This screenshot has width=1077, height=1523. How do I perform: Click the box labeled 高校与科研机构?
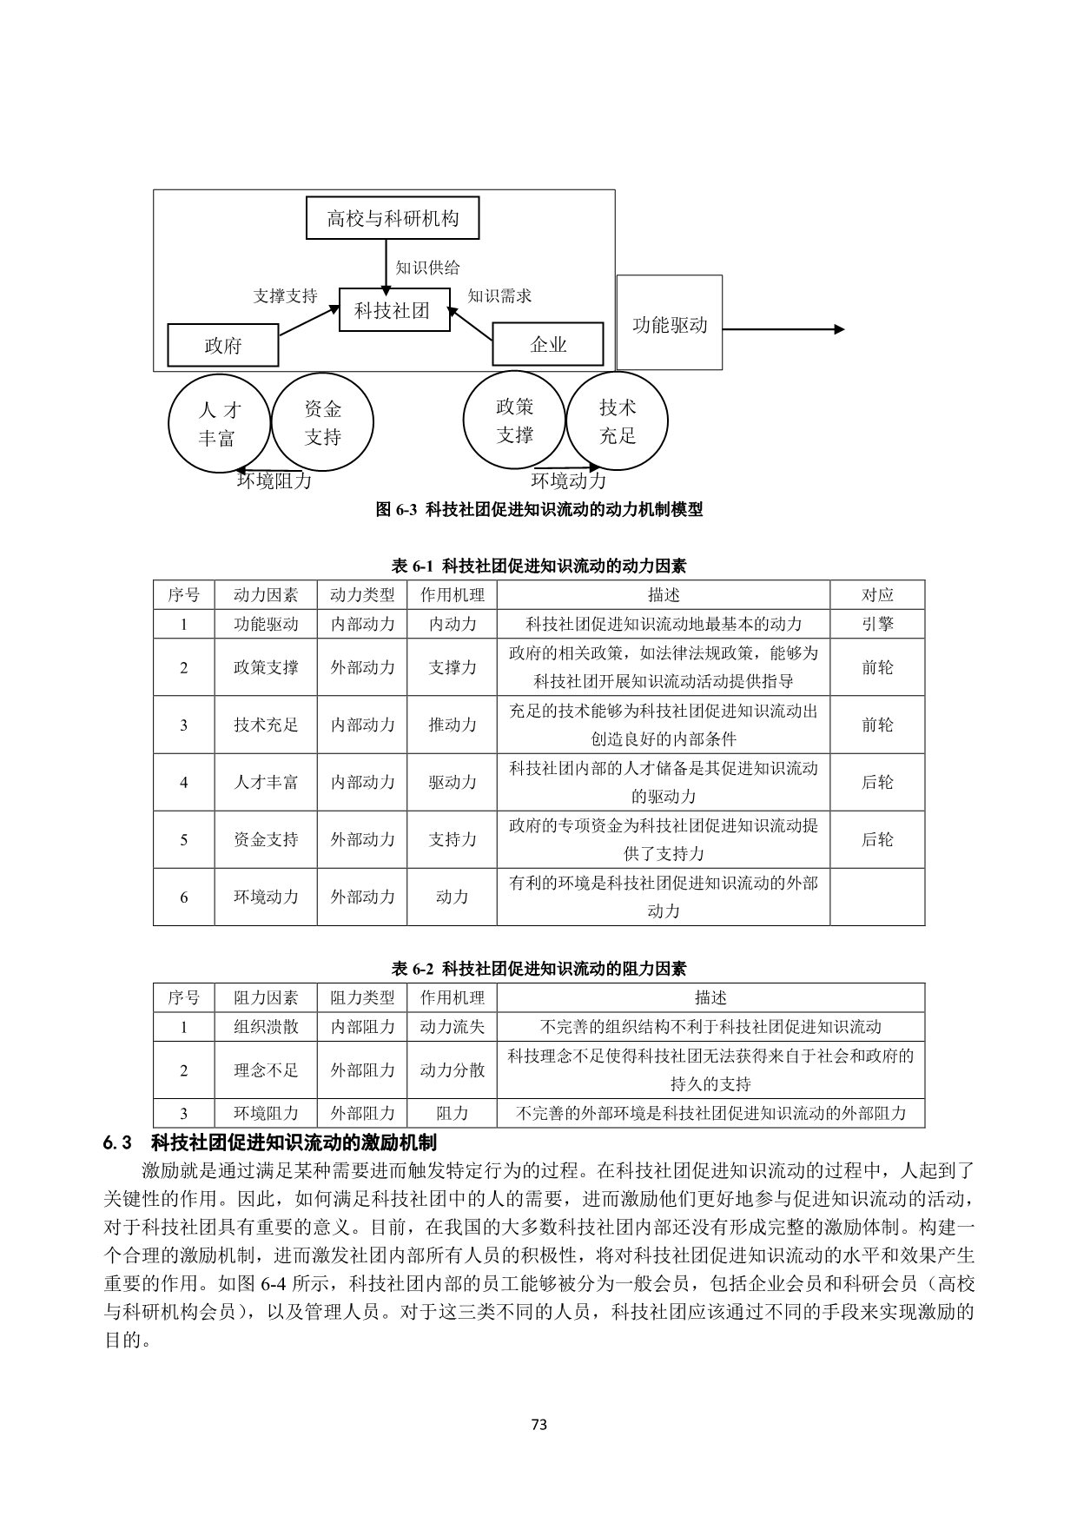pos(393,218)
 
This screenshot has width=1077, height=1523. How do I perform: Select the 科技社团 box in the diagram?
pos(393,309)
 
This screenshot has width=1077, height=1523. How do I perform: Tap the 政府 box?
pos(223,346)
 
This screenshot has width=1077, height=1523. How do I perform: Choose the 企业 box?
pos(548,345)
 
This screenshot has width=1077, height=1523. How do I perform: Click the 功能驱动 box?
pos(670,324)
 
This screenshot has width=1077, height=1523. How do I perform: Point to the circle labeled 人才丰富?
pos(218,424)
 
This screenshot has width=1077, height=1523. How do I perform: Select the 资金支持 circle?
pos(322,422)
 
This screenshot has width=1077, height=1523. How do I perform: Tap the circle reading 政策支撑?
pos(515,420)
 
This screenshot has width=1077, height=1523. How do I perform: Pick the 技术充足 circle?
pos(618,421)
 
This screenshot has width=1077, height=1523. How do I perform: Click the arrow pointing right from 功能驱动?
pos(782,329)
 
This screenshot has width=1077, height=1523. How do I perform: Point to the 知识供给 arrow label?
pos(427,267)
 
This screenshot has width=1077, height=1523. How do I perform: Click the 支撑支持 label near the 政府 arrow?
pos(285,295)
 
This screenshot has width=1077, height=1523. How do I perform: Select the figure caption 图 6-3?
pos(538,510)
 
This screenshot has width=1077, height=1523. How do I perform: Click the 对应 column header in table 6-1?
pos(877,595)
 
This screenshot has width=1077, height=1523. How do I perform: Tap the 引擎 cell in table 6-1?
pos(877,624)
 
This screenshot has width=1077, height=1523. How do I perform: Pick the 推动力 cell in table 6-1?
pos(453,725)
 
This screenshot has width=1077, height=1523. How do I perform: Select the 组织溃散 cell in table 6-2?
pos(266,1026)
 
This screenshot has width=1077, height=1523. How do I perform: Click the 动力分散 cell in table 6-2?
pos(453,1069)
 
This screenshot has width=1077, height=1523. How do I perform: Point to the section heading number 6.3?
pos(116,1142)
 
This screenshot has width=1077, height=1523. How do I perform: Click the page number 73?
pos(538,1424)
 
